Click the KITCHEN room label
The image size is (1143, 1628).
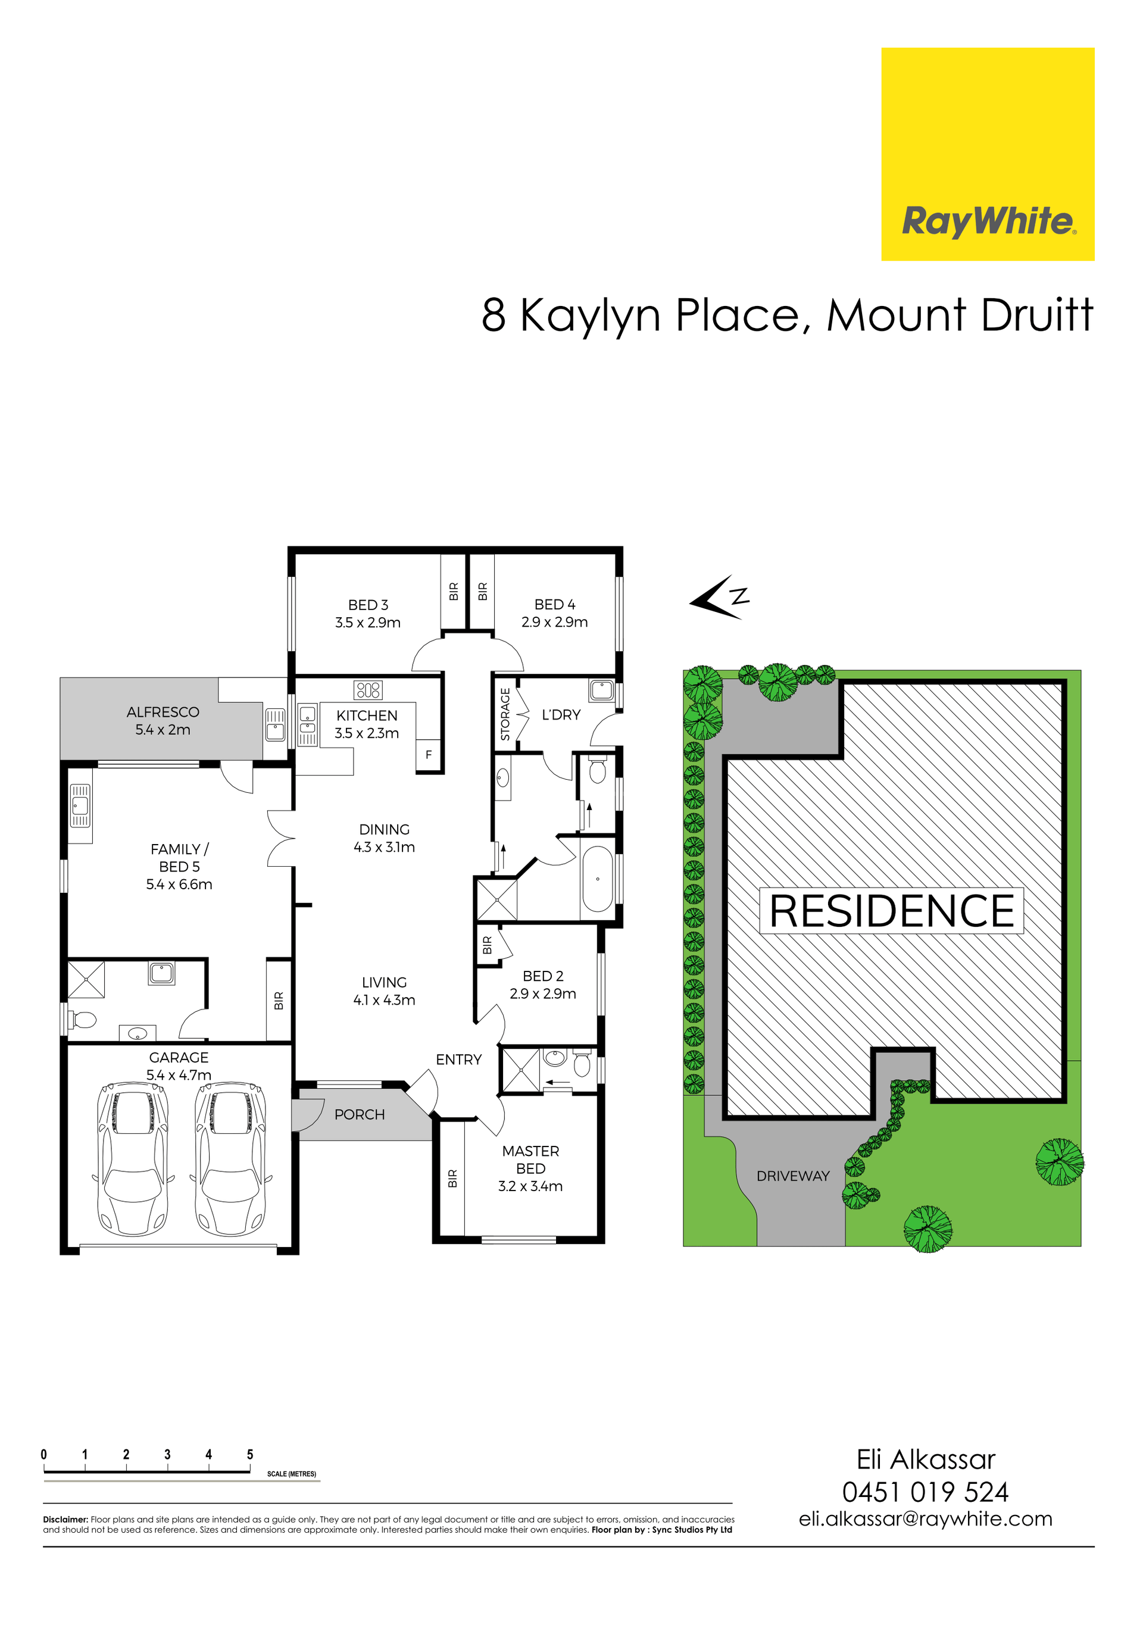pyautogui.click(x=367, y=715)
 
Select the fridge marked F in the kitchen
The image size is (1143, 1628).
pyautogui.click(x=429, y=755)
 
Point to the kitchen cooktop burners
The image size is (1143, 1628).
pyautogui.click(x=368, y=690)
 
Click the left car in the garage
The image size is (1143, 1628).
pyautogui.click(x=133, y=1158)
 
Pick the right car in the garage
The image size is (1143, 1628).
pyautogui.click(x=231, y=1158)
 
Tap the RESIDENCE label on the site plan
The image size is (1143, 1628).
pyautogui.click(x=891, y=911)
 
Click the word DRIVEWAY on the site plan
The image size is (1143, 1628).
pyautogui.click(x=793, y=1176)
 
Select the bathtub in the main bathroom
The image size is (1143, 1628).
pyautogui.click(x=597, y=879)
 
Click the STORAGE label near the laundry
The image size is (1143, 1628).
pyautogui.click(x=505, y=714)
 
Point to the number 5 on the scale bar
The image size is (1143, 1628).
pyautogui.click(x=249, y=1454)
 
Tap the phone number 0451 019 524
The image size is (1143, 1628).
pyautogui.click(x=925, y=1492)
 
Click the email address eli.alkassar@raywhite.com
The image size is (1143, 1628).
pyautogui.click(x=925, y=1520)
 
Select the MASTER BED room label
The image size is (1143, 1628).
pyautogui.click(x=530, y=1160)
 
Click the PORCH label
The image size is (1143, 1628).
pyautogui.click(x=360, y=1115)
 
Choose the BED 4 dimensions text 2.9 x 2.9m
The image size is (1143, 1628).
pyautogui.click(x=554, y=622)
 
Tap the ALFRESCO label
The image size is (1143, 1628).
pyautogui.click(x=163, y=712)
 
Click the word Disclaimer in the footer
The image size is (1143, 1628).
pyautogui.click(x=65, y=1520)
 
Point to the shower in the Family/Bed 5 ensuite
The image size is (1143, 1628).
pyautogui.click(x=86, y=979)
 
